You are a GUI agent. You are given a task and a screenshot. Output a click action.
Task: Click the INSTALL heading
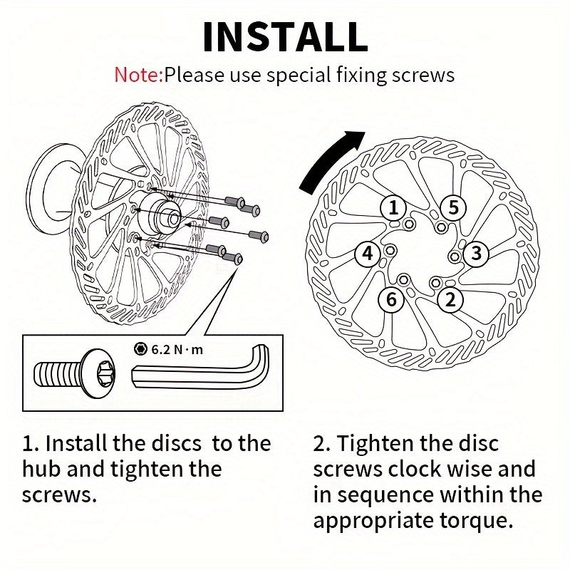[285, 37]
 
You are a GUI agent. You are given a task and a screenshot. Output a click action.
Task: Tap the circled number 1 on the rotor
[393, 208]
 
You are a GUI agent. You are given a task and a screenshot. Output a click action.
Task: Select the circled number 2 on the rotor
[450, 299]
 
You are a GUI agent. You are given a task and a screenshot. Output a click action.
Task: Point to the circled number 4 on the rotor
[368, 253]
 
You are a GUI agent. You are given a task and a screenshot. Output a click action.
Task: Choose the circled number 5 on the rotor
[452, 208]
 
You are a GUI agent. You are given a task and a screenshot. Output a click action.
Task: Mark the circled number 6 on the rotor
[391, 299]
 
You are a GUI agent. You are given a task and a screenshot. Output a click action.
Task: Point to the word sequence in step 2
[384, 494]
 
